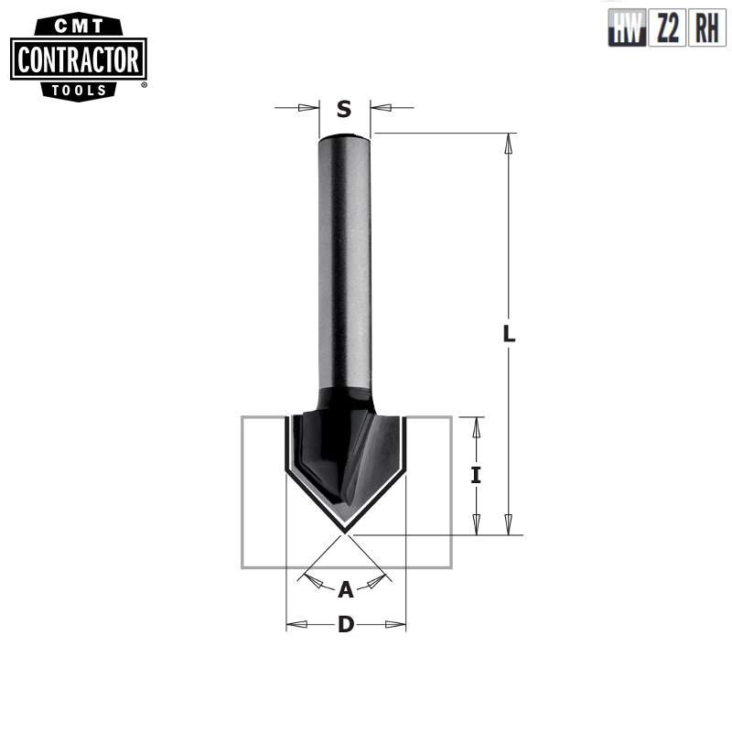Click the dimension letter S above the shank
(x=344, y=110)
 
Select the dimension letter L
(x=510, y=335)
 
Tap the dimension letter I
(x=476, y=475)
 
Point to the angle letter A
(x=345, y=590)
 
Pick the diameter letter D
(x=346, y=625)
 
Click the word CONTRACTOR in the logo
(x=78, y=60)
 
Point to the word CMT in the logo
(x=78, y=27)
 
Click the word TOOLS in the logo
(x=78, y=90)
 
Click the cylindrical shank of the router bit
(x=345, y=265)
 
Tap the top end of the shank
(x=345, y=138)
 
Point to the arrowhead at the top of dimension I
(x=476, y=426)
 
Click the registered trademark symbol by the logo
(x=144, y=85)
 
